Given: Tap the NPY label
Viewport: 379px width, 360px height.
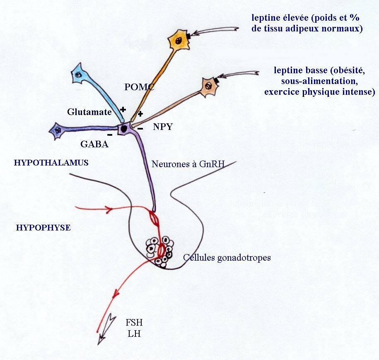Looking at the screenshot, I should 162,127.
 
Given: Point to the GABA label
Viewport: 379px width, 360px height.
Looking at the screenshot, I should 95,144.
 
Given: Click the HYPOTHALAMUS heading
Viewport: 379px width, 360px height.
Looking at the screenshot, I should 51,163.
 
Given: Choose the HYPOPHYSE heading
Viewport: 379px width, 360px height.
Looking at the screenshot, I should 43,228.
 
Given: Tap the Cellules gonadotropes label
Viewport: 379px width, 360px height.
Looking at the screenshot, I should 227,257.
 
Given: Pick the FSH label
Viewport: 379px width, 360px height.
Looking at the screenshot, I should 134,322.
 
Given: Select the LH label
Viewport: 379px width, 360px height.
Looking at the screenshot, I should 134,333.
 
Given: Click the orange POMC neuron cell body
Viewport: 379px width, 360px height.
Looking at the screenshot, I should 179,41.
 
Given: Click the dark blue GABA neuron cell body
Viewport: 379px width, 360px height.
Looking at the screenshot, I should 57,131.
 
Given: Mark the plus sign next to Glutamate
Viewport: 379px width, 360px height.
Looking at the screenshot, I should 123,110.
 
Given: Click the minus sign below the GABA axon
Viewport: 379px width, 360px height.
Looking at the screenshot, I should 110,135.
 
